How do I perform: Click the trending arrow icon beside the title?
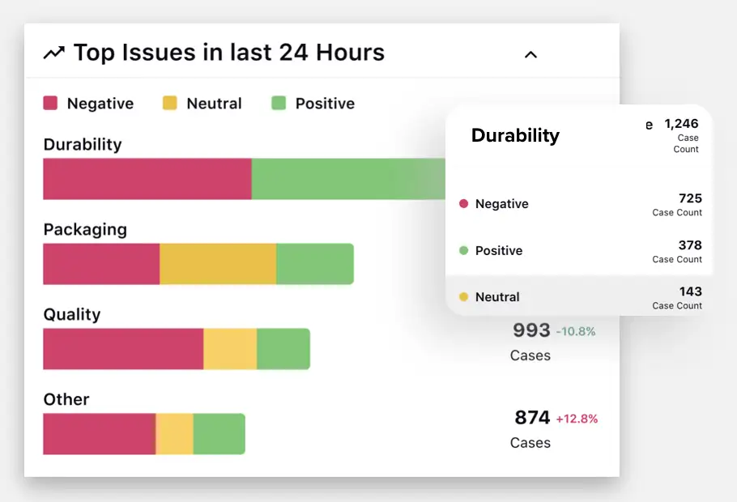tap(53, 53)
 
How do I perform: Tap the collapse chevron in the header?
tap(530, 55)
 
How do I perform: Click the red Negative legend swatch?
tap(50, 104)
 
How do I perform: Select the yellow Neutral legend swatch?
tap(169, 104)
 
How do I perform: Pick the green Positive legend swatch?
tap(279, 104)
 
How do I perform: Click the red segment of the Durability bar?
tap(147, 179)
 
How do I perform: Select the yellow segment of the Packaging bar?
tap(217, 264)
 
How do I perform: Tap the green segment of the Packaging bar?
tap(314, 264)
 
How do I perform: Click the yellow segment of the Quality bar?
tap(230, 349)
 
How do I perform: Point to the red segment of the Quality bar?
tap(122, 349)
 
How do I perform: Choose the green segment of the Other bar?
tap(219, 434)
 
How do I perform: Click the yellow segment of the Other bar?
tap(174, 434)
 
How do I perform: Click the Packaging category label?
tap(85, 229)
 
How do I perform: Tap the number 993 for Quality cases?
tap(531, 330)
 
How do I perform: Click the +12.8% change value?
tap(577, 419)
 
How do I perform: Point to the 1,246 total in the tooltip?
tap(681, 124)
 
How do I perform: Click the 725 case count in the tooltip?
tap(690, 198)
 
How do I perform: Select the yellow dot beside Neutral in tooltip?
tap(464, 297)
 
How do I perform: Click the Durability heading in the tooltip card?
tap(515, 135)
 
